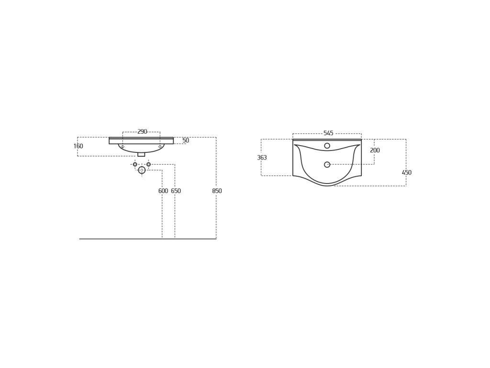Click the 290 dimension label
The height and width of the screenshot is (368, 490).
(142, 131)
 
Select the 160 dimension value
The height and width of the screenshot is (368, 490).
(78, 146)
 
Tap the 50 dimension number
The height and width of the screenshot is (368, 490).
(186, 140)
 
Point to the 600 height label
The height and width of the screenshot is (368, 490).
(163, 191)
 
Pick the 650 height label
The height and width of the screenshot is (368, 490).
(176, 191)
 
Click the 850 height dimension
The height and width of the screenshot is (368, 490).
(217, 191)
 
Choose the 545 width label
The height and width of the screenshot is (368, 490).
(328, 133)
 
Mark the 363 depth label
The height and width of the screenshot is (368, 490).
(262, 157)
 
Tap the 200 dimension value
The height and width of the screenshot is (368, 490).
(375, 150)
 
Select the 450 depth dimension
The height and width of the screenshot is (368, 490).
(407, 172)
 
